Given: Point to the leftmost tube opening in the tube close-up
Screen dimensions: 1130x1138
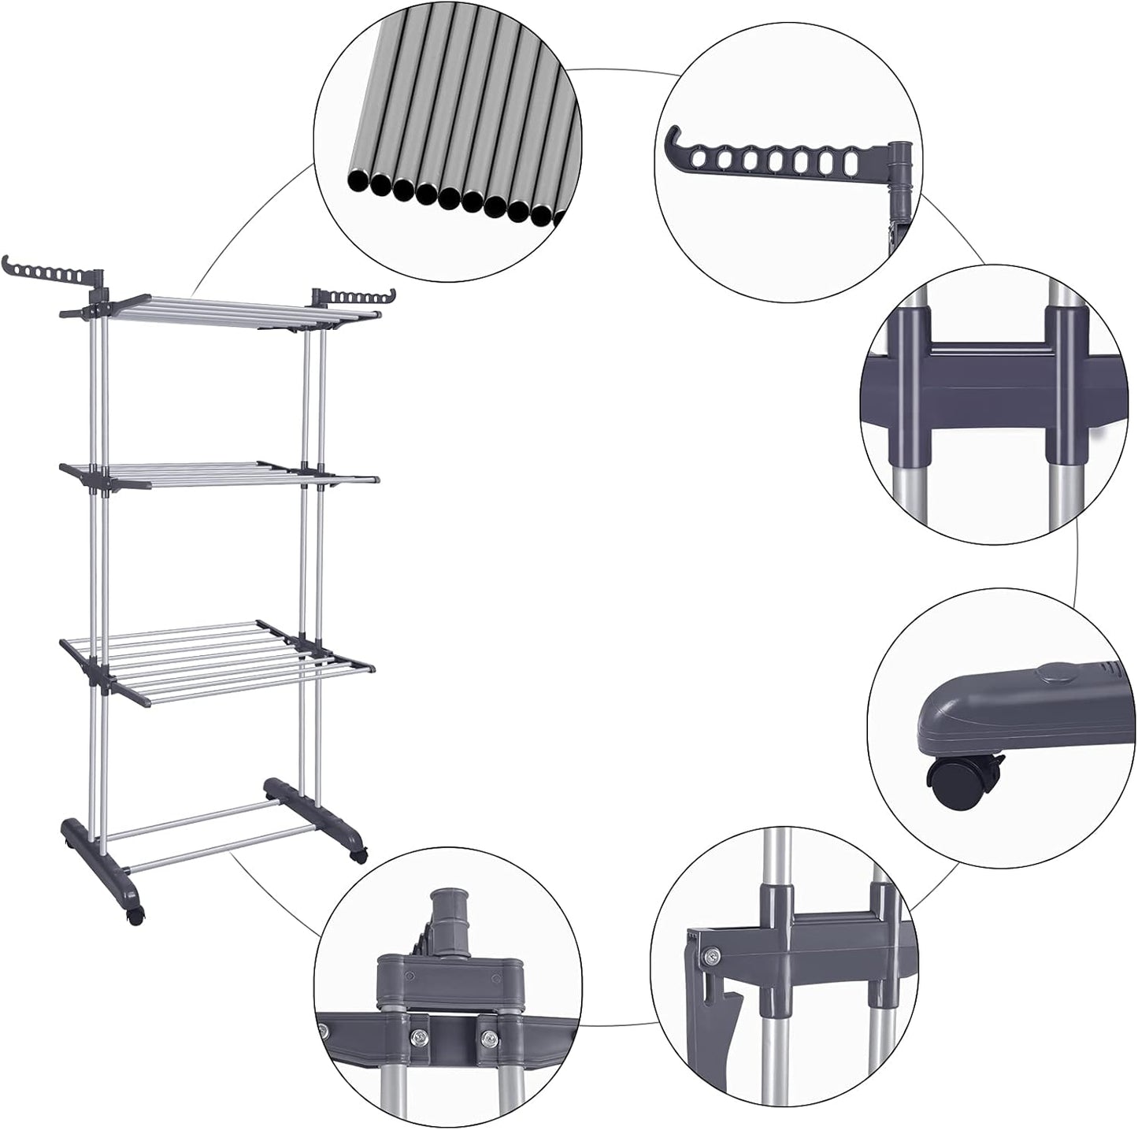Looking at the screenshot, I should (357, 182).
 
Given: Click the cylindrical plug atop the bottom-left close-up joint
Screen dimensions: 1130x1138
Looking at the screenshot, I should (447, 915).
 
